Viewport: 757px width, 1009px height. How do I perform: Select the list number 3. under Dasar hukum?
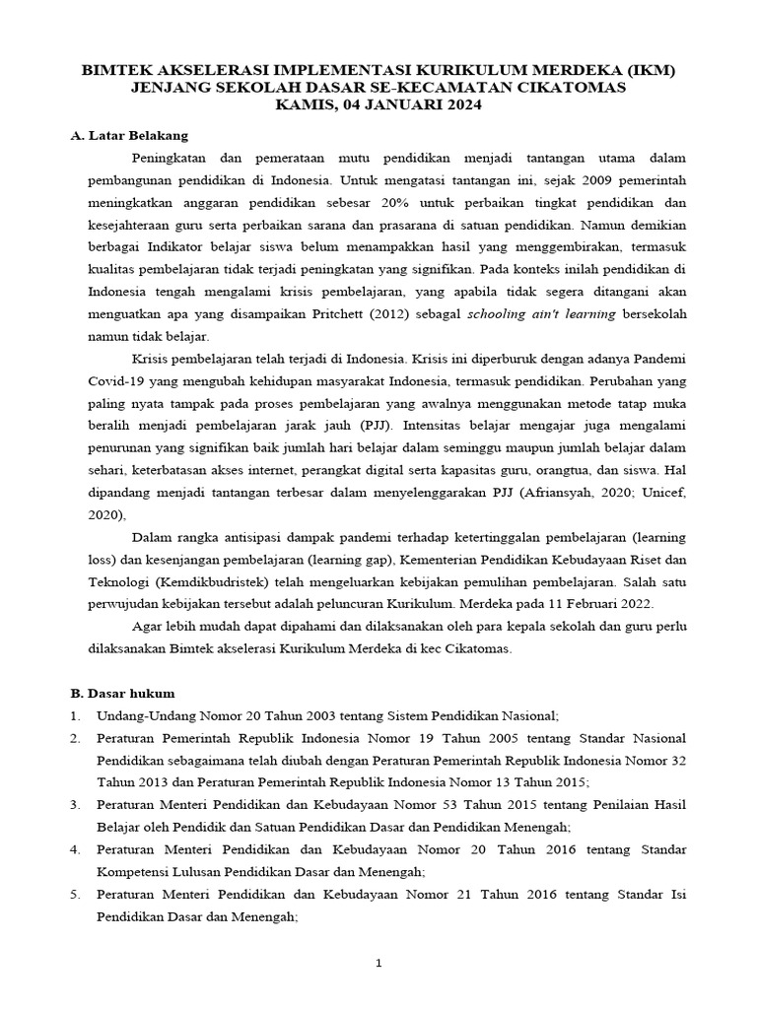[x=75, y=805]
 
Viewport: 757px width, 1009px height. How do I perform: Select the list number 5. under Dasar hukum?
[x=75, y=894]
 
